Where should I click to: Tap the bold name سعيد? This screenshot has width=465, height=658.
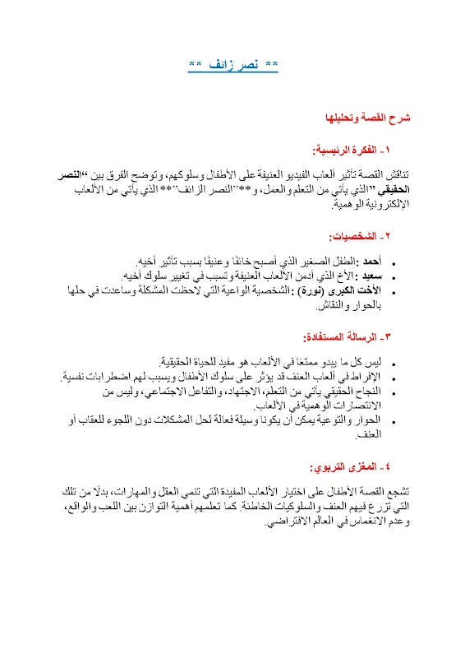click(368, 274)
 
